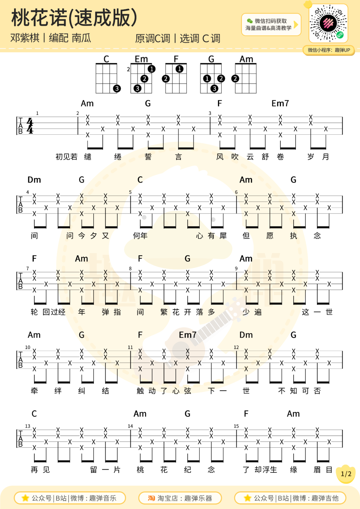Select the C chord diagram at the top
(106, 78)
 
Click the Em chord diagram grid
(141, 78)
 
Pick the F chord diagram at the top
(176, 78)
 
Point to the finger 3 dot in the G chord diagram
(214, 88)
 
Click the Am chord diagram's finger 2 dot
(235, 78)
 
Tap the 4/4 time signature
(30, 126)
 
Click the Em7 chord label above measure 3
(280, 103)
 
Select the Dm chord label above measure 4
(34, 180)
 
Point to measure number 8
(130, 268)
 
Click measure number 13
(28, 426)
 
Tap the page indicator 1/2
(346, 474)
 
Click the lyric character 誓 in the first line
(148, 157)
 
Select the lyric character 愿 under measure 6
(270, 236)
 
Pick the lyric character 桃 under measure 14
(140, 470)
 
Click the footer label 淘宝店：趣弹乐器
(180, 498)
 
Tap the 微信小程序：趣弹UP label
(329, 50)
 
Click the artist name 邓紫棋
(25, 38)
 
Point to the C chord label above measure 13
(34, 414)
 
